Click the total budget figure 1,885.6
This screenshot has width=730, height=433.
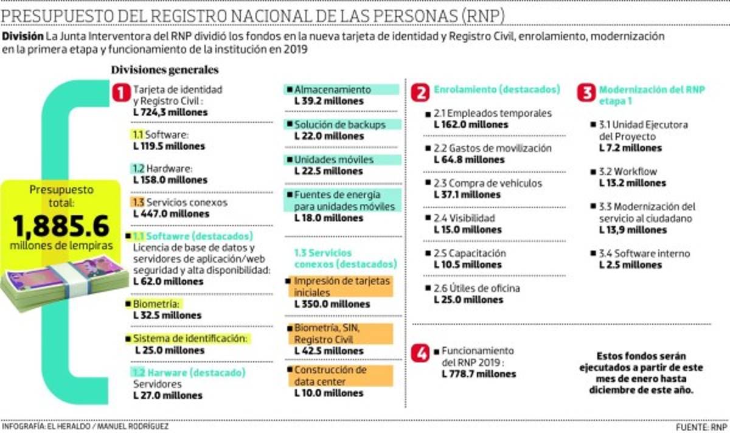tap(60, 226)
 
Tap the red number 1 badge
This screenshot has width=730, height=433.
tap(121, 93)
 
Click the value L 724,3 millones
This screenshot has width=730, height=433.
tap(170, 113)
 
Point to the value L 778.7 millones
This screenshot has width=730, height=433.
tap(479, 373)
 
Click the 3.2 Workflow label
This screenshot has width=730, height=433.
tap(628, 171)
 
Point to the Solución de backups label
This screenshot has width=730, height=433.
tap(339, 125)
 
